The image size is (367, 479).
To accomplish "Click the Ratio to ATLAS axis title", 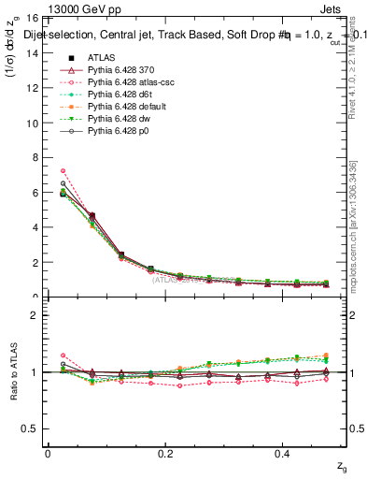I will (x=13, y=371).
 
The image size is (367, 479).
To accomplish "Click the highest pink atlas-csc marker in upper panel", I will (x=63, y=170).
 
